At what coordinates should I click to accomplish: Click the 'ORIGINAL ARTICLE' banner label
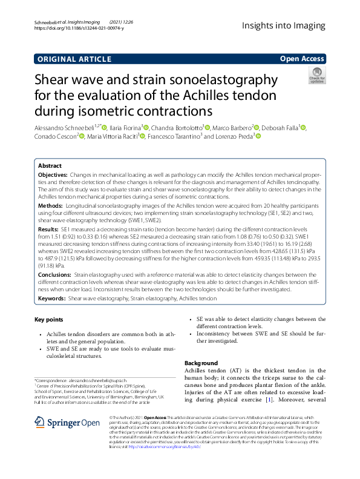(74, 59)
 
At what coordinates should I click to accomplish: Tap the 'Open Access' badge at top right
(303, 59)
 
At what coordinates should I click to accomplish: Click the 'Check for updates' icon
(316, 75)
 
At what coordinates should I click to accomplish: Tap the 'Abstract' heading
(50, 165)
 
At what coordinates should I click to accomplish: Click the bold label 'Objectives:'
(53, 174)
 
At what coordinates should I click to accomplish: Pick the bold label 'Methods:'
(51, 206)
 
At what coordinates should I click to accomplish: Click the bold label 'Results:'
(49, 231)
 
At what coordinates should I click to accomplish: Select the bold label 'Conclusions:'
(55, 274)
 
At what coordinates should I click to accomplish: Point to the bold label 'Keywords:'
(51, 299)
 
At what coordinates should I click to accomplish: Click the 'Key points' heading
(49, 320)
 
